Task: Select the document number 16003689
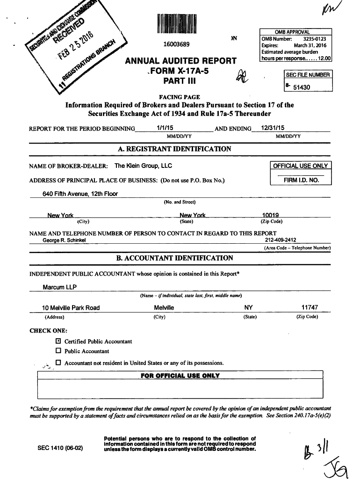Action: click(176, 45)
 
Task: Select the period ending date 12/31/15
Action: click(273, 128)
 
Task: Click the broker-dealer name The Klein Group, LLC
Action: click(143, 166)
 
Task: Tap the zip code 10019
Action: click(271, 216)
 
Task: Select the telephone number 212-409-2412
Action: click(280, 240)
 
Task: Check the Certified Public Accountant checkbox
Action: click(58, 341)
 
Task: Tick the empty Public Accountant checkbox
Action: click(58, 351)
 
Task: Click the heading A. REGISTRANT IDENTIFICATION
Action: click(174, 149)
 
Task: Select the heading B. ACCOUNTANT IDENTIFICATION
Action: click(174, 258)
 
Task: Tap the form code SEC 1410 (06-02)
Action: click(60, 448)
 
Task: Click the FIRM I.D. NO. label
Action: click(301, 180)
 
